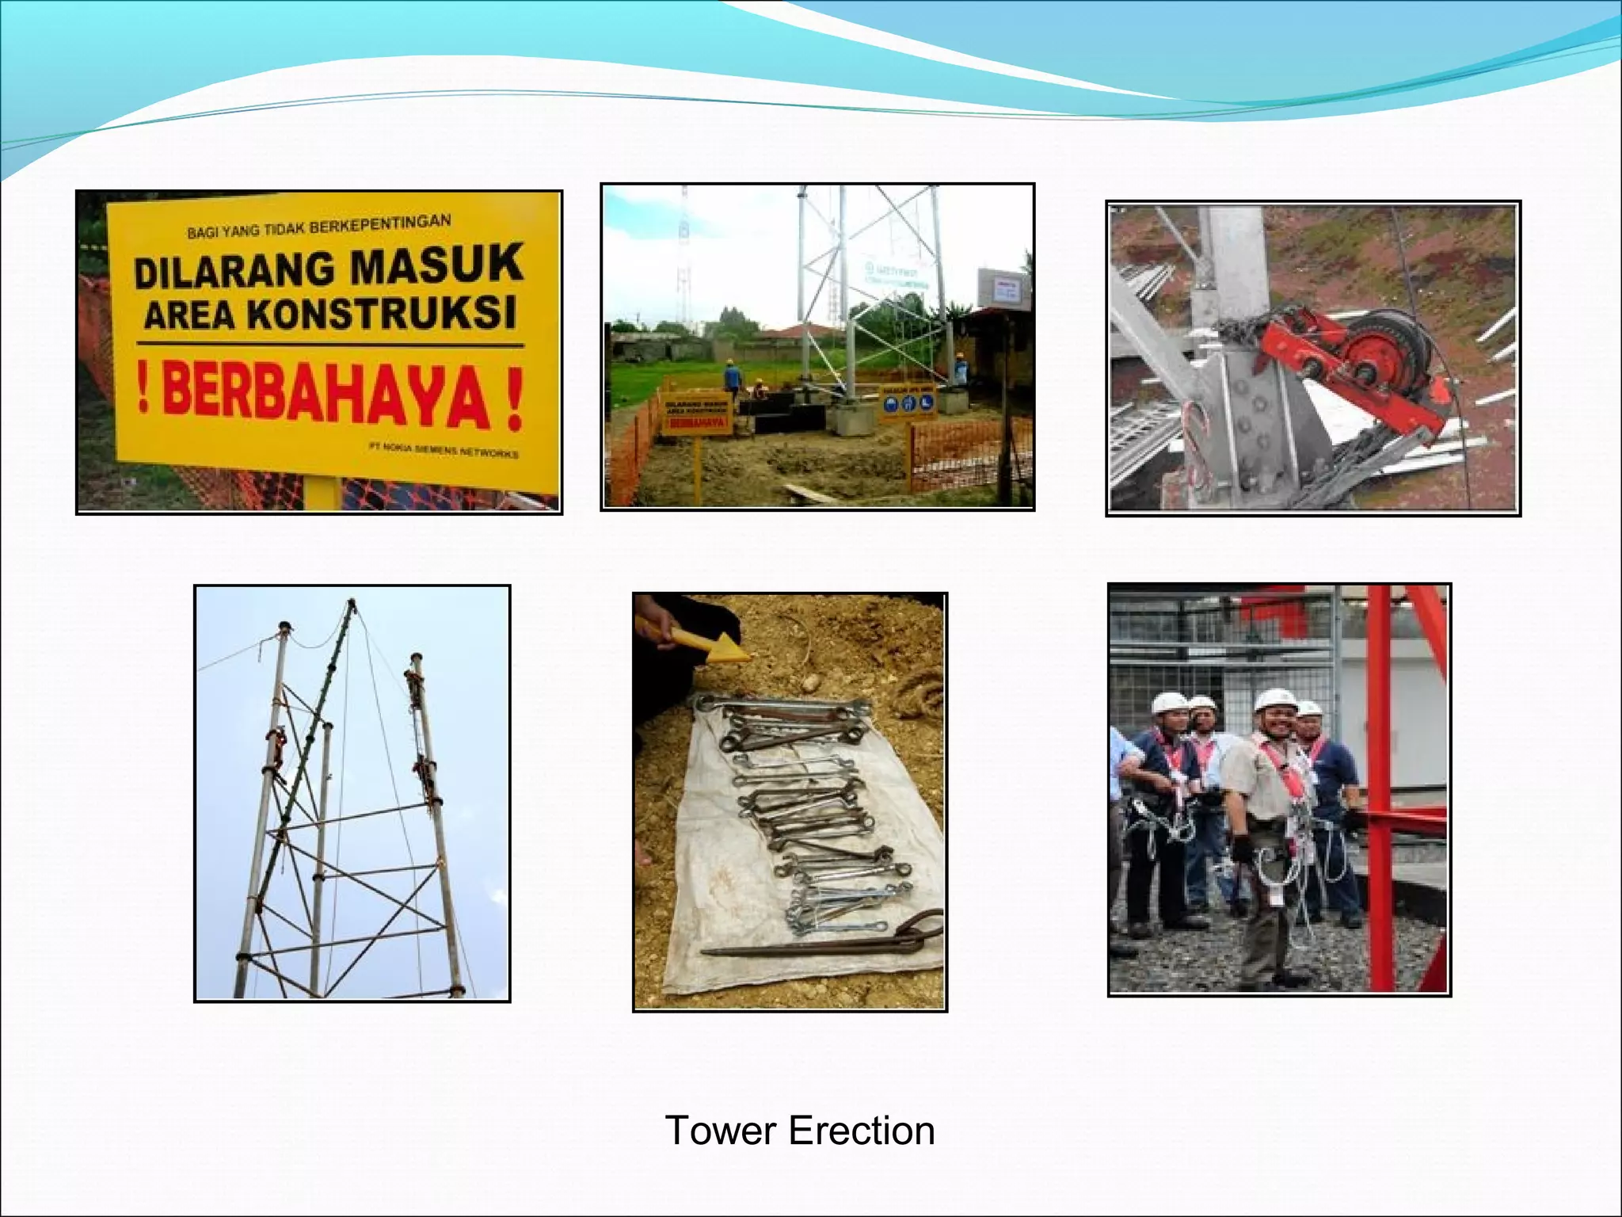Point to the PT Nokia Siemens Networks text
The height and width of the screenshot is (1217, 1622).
point(444,449)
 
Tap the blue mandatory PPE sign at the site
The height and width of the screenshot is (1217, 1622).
point(908,402)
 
